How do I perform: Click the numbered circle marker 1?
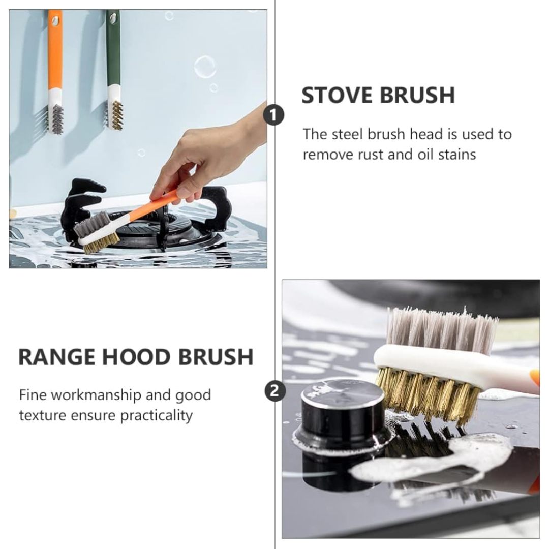[274, 115]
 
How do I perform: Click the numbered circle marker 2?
[275, 391]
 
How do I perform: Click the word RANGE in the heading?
[57, 357]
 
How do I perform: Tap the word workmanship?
[99, 395]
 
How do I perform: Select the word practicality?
[157, 416]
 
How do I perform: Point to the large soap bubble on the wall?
[205, 67]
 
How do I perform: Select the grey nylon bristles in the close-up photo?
[443, 330]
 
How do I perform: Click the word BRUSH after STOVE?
[417, 95]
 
